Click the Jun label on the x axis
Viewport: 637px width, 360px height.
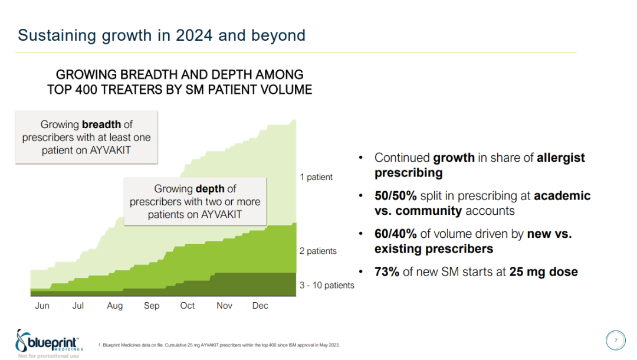click(42, 306)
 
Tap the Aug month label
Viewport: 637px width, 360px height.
click(115, 306)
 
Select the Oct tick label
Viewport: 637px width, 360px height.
click(188, 306)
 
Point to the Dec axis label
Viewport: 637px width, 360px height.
click(260, 306)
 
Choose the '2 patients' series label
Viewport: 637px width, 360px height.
click(318, 251)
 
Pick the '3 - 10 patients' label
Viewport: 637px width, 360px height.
click(327, 286)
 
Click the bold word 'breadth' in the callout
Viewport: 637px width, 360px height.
click(101, 125)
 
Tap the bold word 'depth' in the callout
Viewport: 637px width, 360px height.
click(210, 189)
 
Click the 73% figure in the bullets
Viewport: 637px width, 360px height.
click(387, 272)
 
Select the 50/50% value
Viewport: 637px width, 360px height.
click(396, 196)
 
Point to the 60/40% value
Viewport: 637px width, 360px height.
click(396, 234)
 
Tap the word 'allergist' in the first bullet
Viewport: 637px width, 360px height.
click(561, 158)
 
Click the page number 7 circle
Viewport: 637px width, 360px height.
click(616, 341)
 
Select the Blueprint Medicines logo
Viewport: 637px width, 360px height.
click(50, 342)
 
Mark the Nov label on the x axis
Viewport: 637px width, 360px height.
click(224, 306)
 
